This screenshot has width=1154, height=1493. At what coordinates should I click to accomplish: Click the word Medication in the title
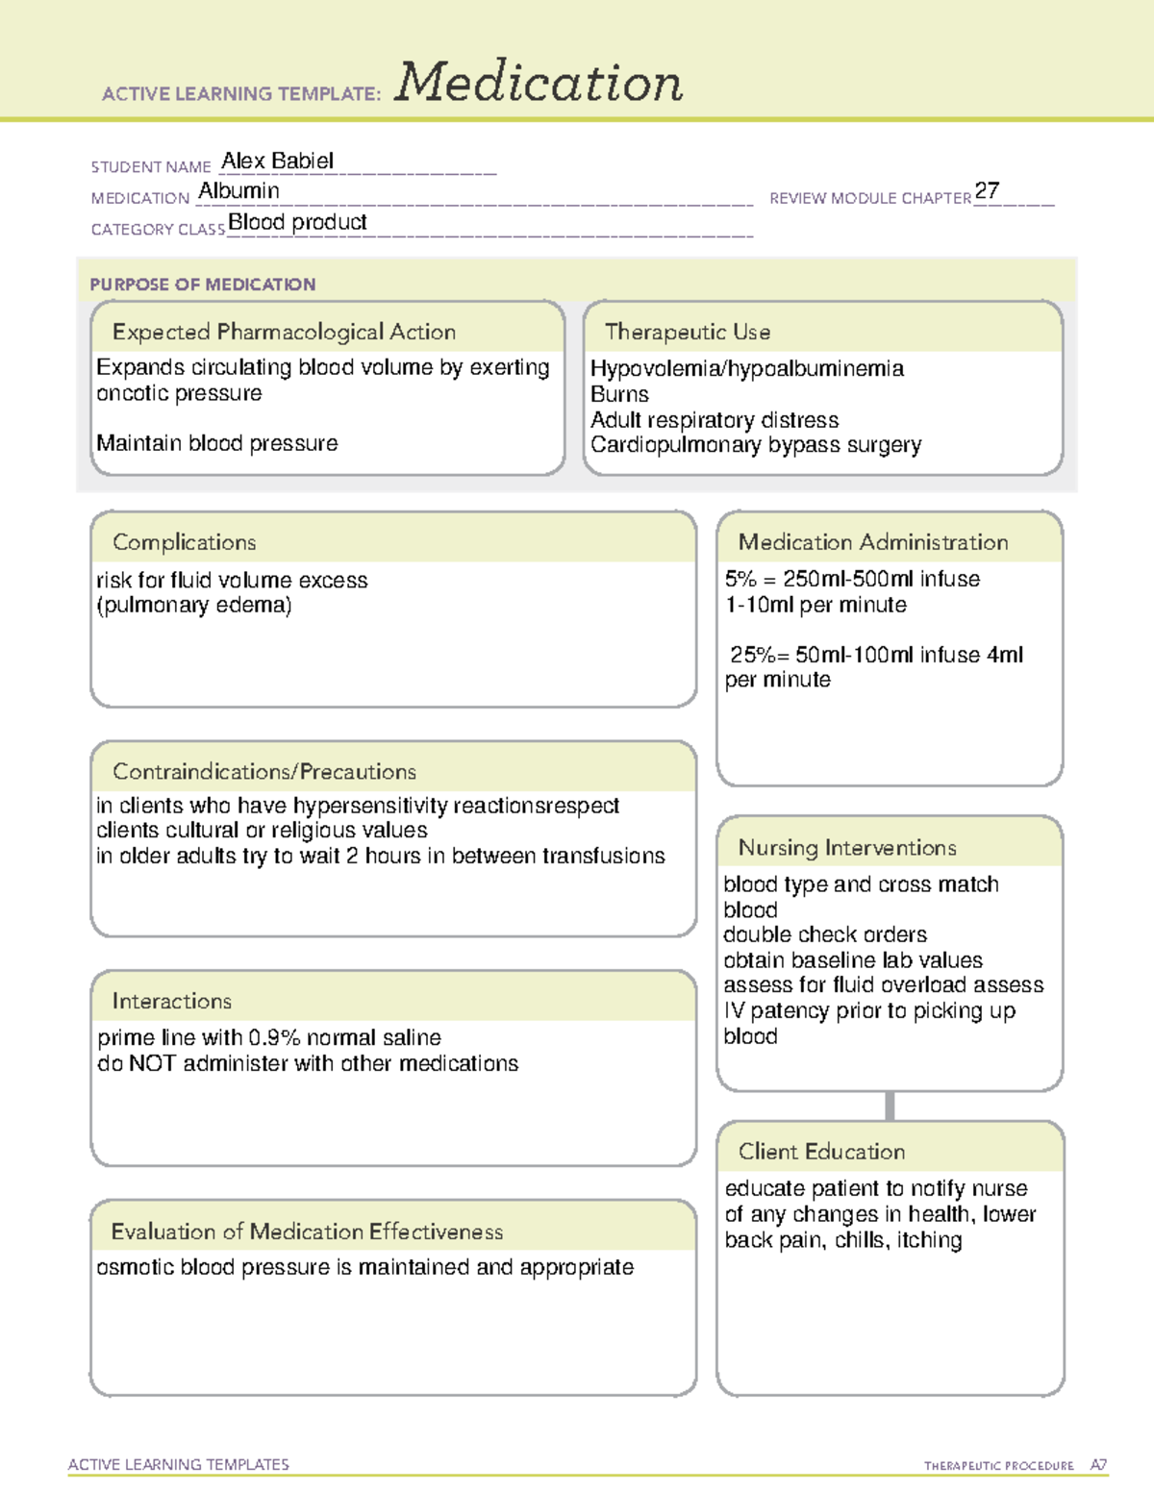[539, 83]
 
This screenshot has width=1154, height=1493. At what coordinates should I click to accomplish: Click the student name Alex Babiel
[277, 161]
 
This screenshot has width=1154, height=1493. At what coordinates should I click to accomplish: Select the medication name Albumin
[238, 191]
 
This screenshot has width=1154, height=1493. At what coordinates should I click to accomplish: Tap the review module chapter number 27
[987, 190]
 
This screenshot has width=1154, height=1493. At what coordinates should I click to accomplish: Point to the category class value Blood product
[297, 222]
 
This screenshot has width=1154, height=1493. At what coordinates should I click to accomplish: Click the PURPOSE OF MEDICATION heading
[202, 285]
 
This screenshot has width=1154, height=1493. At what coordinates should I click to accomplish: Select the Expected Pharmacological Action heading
[284, 332]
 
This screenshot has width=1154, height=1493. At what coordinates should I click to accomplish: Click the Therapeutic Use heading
[687, 332]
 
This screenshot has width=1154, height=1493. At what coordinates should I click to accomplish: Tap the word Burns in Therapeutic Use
[619, 394]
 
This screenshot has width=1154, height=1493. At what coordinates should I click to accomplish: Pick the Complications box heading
[184, 542]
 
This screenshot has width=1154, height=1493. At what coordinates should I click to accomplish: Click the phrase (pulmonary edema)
[193, 606]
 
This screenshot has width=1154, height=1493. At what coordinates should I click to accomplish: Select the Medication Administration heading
[872, 542]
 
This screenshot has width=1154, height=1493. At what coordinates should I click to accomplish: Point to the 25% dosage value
[753, 655]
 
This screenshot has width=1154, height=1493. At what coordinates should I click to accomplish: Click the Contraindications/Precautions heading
[263, 771]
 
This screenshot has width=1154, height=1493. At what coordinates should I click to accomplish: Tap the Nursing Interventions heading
[846, 847]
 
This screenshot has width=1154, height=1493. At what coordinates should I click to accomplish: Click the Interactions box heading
[171, 1001]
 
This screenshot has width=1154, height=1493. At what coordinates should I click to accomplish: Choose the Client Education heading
[821, 1151]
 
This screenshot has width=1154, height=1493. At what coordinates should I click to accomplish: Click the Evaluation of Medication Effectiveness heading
[307, 1232]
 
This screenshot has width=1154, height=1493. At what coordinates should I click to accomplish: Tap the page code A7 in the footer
[1097, 1465]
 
